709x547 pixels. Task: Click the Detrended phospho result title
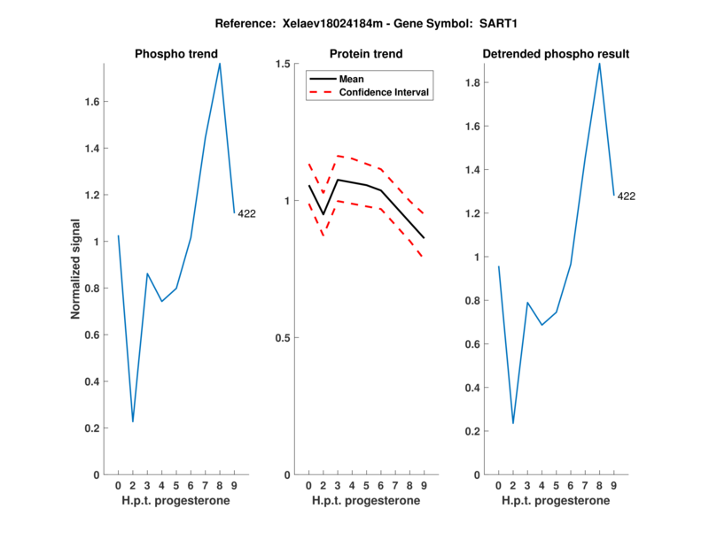pyautogui.click(x=556, y=54)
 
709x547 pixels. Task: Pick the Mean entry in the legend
pyautogui.click(x=352, y=79)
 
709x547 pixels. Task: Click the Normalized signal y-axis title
pyautogui.click(x=76, y=268)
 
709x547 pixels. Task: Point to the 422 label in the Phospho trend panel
pyautogui.click(x=246, y=213)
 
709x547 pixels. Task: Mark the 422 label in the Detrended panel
pyautogui.click(x=627, y=196)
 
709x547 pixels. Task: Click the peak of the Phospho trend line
pyautogui.click(x=220, y=63)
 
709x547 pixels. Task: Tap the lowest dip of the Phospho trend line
pyautogui.click(x=133, y=421)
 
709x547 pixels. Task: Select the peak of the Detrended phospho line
pyautogui.click(x=600, y=63)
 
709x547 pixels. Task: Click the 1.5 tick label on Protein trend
pyautogui.click(x=284, y=64)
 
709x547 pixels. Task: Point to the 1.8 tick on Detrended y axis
pyautogui.click(x=474, y=83)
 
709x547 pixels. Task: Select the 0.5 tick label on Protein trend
pyautogui.click(x=284, y=338)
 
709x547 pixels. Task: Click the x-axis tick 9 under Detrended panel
pyautogui.click(x=614, y=486)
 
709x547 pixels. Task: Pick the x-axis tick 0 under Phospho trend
pyautogui.click(x=118, y=486)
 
